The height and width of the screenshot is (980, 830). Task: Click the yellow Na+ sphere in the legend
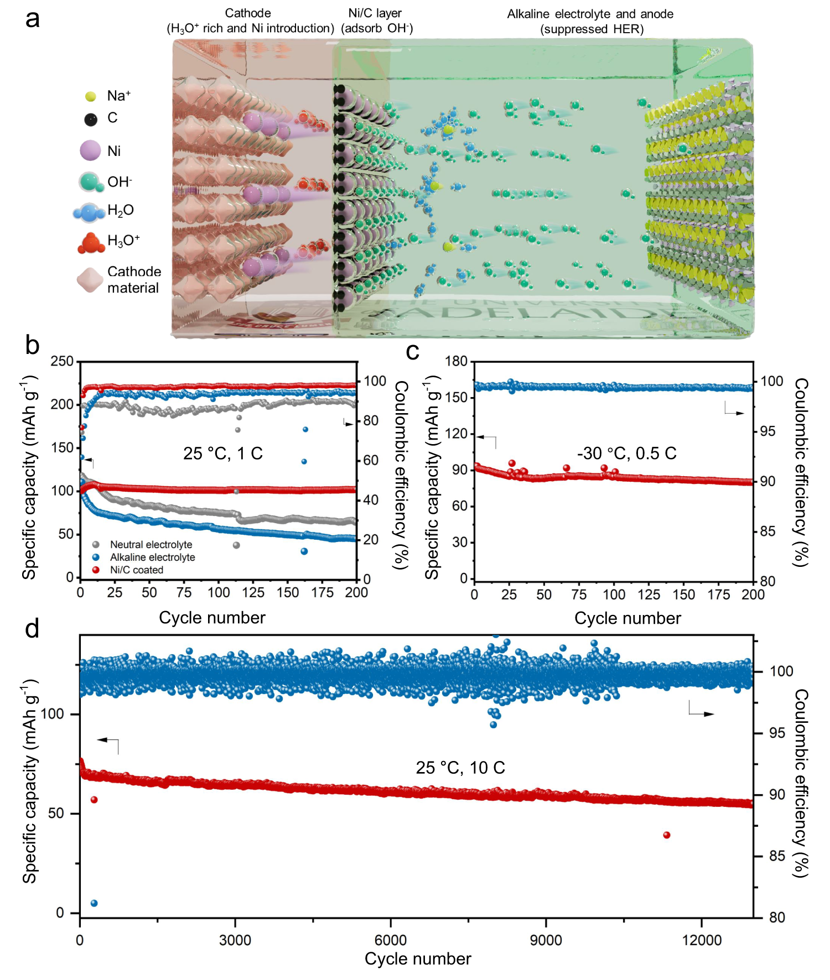[91, 96]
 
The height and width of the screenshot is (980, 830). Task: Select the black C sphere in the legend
[91, 119]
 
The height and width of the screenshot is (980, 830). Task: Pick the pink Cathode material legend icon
[90, 280]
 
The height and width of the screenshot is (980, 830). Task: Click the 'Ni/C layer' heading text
[375, 13]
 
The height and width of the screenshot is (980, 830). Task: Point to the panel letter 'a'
[32, 19]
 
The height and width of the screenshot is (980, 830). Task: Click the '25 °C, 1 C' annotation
[222, 453]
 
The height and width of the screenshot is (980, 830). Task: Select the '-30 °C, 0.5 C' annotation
[626, 453]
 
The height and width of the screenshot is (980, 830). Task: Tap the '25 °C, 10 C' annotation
[460, 768]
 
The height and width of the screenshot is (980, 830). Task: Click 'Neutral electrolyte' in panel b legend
[151, 545]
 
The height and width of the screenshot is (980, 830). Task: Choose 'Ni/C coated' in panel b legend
[136, 570]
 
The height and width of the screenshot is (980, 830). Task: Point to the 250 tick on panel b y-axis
[62, 361]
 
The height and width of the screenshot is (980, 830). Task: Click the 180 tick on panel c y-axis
[456, 361]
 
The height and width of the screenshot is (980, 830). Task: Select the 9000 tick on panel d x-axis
[546, 940]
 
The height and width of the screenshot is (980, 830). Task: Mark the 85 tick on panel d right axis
[777, 856]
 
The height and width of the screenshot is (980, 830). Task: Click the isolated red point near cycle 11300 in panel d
[667, 835]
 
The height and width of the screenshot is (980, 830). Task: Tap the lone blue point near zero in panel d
[94, 903]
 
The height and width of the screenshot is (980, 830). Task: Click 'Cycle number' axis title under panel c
[627, 618]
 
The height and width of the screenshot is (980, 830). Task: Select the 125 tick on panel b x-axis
[253, 593]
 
